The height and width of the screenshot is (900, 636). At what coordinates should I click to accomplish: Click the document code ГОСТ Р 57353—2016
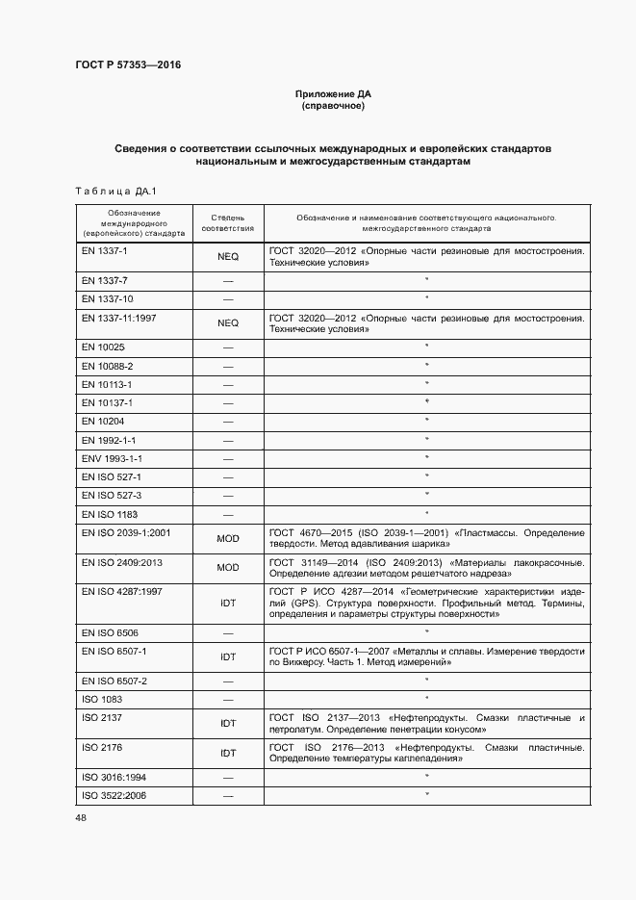pyautogui.click(x=128, y=65)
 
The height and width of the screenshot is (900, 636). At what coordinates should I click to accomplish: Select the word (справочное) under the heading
pyautogui.click(x=332, y=107)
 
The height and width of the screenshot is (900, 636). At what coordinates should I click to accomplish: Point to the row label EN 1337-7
pyautogui.click(x=105, y=280)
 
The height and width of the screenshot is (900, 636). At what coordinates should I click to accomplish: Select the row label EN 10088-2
pyautogui.click(x=108, y=366)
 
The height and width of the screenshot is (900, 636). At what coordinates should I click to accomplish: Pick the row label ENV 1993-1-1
pyautogui.click(x=113, y=458)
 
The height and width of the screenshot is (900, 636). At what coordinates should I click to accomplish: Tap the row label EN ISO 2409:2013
pyautogui.click(x=122, y=562)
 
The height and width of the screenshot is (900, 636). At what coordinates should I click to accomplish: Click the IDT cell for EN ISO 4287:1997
pyautogui.click(x=228, y=604)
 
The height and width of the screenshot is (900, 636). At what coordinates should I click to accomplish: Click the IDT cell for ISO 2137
pyautogui.click(x=228, y=723)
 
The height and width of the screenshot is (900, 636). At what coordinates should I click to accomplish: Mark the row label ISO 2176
pyautogui.click(x=98, y=747)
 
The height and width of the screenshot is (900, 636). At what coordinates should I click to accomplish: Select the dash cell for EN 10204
pyautogui.click(x=228, y=422)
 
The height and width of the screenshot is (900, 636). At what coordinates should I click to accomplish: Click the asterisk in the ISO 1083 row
pyautogui.click(x=426, y=698)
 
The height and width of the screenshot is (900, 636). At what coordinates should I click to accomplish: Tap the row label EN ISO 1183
pyautogui.click(x=111, y=514)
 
